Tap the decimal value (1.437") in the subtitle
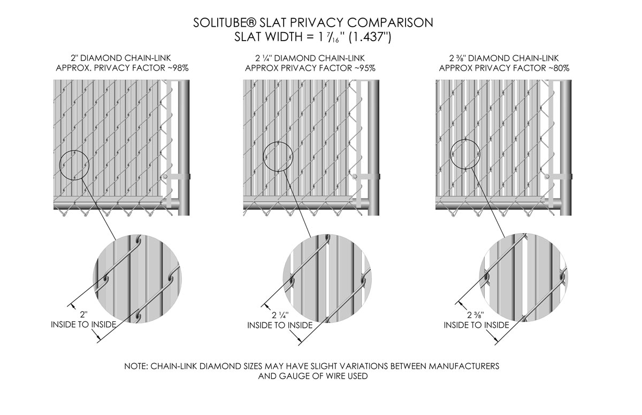pyautogui.click(x=370, y=37)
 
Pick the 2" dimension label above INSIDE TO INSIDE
pyautogui.click(x=83, y=315)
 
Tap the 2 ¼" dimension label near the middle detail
pyautogui.click(x=280, y=316)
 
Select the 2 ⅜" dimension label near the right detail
pyautogui.click(x=476, y=315)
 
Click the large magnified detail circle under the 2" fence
pyautogui.click(x=94, y=279)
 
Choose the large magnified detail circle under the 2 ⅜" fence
pyautogui.click(x=480, y=277)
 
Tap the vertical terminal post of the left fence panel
pyautogui.click(x=184, y=148)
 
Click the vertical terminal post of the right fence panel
pyautogui.click(x=565, y=148)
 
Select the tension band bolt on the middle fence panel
pyautogui.click(x=355, y=176)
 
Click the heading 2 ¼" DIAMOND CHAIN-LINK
pyautogui.click(x=310, y=58)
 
